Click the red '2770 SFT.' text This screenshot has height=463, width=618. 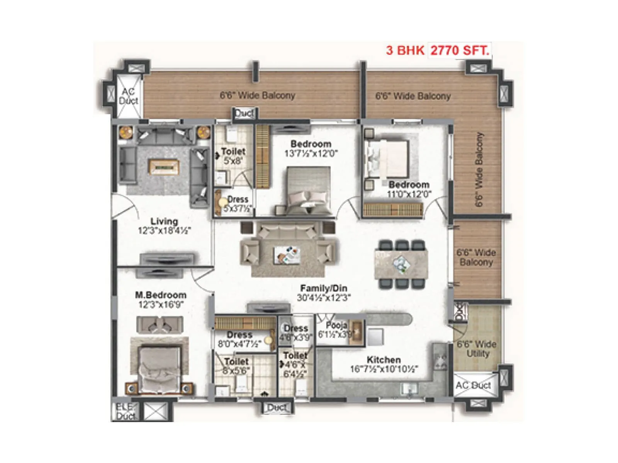click(x=460, y=51)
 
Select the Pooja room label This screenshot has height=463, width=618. click(x=336, y=325)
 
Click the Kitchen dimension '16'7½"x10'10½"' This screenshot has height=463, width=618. click(x=384, y=369)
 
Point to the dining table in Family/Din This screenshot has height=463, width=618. click(x=401, y=264)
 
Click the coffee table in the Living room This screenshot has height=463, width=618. click(x=164, y=167)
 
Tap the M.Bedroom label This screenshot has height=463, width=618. click(x=160, y=295)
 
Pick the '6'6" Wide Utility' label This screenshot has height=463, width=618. click(x=477, y=349)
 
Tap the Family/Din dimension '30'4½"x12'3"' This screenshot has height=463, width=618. click(x=324, y=298)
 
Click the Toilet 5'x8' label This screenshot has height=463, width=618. click(x=233, y=156)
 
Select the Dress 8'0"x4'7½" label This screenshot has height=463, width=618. click(x=239, y=339)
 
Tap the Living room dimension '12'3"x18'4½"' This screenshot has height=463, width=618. click(x=164, y=231)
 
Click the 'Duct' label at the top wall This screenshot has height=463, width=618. click(x=244, y=113)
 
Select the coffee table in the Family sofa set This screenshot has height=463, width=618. click(x=286, y=255)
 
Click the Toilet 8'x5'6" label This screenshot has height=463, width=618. click(x=236, y=366)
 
